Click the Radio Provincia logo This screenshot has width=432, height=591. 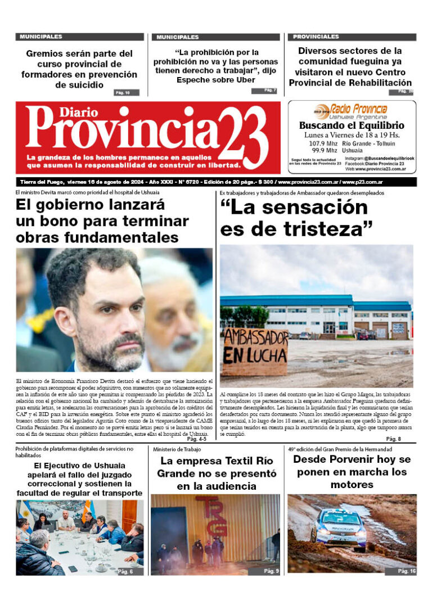click(351, 109)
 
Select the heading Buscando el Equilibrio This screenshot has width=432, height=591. click(352, 125)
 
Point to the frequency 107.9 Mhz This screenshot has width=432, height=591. click(322, 143)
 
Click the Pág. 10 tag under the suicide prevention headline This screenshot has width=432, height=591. click(123, 93)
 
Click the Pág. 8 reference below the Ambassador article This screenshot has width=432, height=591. click(393, 439)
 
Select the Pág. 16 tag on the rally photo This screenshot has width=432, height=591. click(406, 571)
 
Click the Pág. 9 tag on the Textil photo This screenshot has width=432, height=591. click(271, 571)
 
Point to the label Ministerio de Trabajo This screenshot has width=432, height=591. click(179, 449)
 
